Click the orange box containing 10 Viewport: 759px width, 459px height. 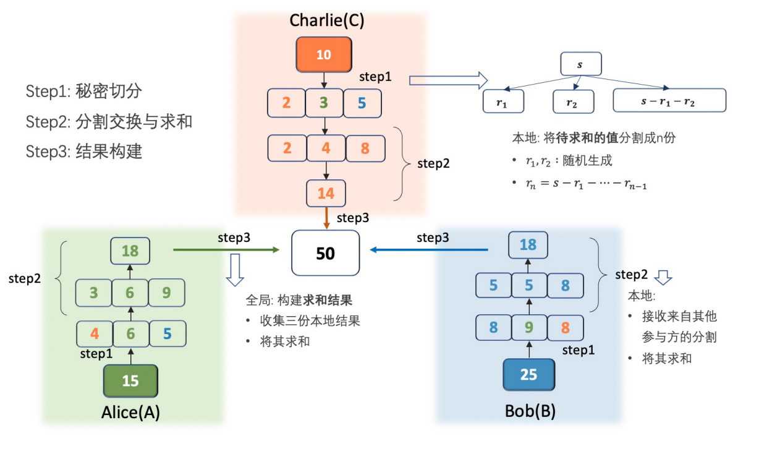click(324, 54)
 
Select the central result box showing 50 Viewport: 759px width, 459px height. click(325, 253)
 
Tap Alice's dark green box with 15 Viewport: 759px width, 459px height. click(130, 380)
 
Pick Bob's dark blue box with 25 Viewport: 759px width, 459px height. click(528, 374)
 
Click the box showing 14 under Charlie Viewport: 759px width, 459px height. click(326, 194)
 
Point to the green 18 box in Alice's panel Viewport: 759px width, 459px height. click(130, 251)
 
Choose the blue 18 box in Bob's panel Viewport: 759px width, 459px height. click(527, 245)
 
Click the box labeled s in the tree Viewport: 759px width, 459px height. click(580, 64)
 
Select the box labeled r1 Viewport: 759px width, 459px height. click(502, 101)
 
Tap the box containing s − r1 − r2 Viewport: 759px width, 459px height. click(669, 101)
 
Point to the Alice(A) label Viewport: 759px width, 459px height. click(130, 413)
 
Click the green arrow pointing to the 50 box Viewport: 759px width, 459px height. click(226, 250)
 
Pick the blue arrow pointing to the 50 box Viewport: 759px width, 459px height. click(429, 250)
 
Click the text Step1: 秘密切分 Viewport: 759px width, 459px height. click(84, 92)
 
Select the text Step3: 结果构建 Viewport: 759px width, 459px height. click(84, 152)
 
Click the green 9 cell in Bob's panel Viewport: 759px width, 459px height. click(528, 327)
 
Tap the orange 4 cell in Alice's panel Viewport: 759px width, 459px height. click(95, 333)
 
